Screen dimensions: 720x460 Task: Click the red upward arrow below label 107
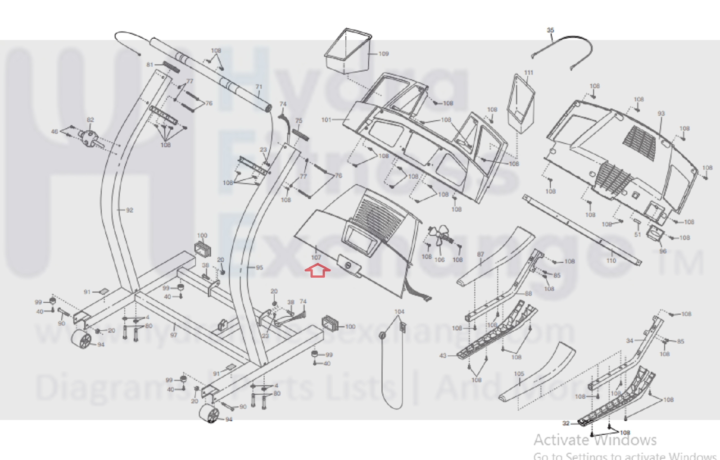pos(317,270)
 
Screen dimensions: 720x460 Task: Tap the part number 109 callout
pos(383,54)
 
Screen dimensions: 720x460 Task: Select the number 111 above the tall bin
pos(529,73)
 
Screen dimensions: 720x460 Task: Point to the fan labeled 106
pos(440,235)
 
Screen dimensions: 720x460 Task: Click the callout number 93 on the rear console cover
pos(661,114)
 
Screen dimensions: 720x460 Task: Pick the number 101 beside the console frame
pos(326,120)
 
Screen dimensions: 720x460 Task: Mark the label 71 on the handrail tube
pos(258,87)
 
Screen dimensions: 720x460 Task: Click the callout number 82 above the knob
pos(90,120)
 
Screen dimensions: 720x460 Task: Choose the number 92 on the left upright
pos(130,210)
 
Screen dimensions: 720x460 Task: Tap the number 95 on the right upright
pos(259,267)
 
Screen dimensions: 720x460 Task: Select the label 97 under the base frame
pos(173,335)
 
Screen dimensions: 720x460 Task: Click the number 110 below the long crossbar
pos(611,260)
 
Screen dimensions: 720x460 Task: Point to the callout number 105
pos(519,373)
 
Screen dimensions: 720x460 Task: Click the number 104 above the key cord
pos(399,311)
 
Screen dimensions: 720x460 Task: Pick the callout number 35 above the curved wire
pos(550,30)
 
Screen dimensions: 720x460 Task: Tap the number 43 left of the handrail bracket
pos(443,355)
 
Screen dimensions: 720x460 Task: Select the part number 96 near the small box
pos(662,251)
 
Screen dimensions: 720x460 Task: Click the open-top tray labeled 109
pos(348,50)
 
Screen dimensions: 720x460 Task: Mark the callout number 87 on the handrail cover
pos(480,255)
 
